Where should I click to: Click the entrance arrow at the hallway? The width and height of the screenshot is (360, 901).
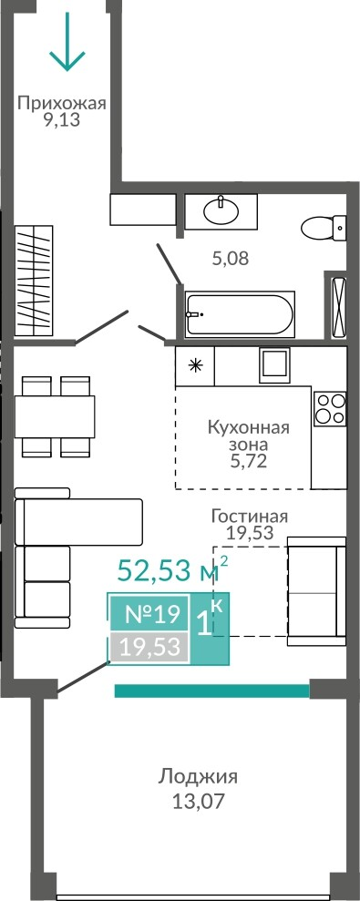pyautogui.click(x=67, y=41)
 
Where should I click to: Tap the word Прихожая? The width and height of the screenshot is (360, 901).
pyautogui.click(x=62, y=104)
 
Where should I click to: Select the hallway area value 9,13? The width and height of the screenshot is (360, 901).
pyautogui.click(x=62, y=120)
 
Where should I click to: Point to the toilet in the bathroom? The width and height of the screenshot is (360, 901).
pyautogui.click(x=324, y=227)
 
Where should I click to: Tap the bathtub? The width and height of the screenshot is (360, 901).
pyautogui.click(x=239, y=313)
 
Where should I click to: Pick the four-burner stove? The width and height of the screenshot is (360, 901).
pyautogui.click(x=330, y=408)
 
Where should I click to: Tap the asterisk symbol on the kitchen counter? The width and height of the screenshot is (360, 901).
pyautogui.click(x=196, y=366)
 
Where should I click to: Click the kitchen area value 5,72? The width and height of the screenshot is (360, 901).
pyautogui.click(x=248, y=461)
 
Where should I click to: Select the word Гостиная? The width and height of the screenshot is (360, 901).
pyautogui.click(x=249, y=516)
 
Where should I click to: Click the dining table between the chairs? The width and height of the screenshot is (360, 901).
pyautogui.click(x=55, y=416)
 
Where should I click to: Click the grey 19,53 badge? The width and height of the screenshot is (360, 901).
pyautogui.click(x=149, y=647)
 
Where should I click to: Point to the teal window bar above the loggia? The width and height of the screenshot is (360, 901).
pyautogui.click(x=212, y=691)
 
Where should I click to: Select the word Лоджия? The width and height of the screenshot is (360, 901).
pyautogui.click(x=198, y=777)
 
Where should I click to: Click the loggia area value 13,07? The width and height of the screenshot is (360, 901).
pyautogui.click(x=199, y=801)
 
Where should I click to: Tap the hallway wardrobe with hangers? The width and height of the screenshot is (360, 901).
pyautogui.click(x=34, y=281)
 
